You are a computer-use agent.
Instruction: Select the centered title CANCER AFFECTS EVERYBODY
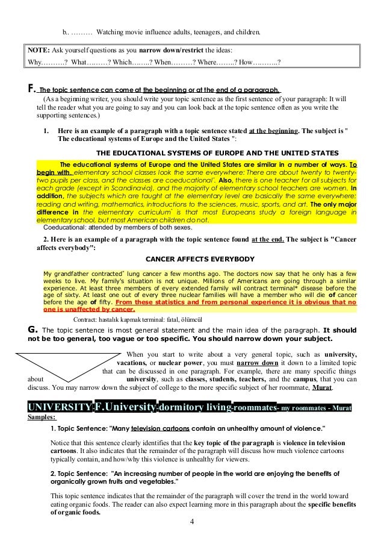192,260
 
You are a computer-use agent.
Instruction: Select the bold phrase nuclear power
179,364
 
